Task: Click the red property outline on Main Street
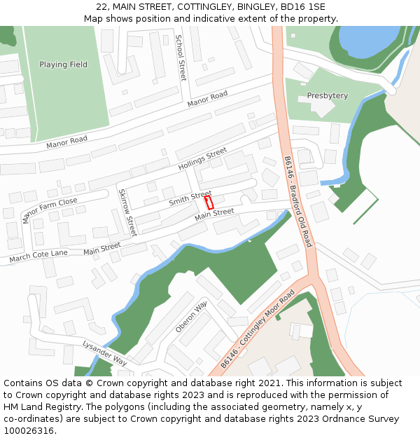pos(209,203)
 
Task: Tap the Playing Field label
pos(64,64)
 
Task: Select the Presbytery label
pos(327,95)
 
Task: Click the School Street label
pos(181,57)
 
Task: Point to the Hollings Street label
pos(202,159)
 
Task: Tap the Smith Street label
pos(190,198)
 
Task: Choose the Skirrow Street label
pos(127,212)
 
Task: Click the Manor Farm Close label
pos(50,210)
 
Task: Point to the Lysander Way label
pos(104,353)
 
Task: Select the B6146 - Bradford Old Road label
pos(297,201)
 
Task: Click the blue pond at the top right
pos(364,39)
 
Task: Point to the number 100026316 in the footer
pos(28,430)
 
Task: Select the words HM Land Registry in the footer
pos(38,406)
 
